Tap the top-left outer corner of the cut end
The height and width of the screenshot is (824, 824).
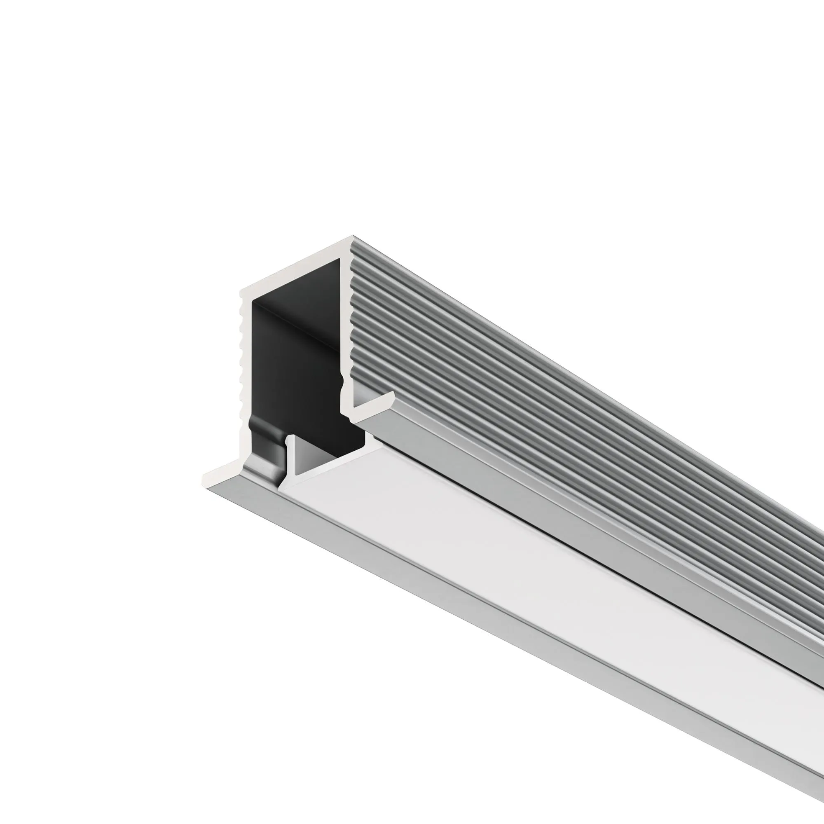pyautogui.click(x=241, y=290)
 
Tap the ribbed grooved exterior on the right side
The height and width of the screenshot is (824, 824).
pyautogui.click(x=512, y=384)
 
